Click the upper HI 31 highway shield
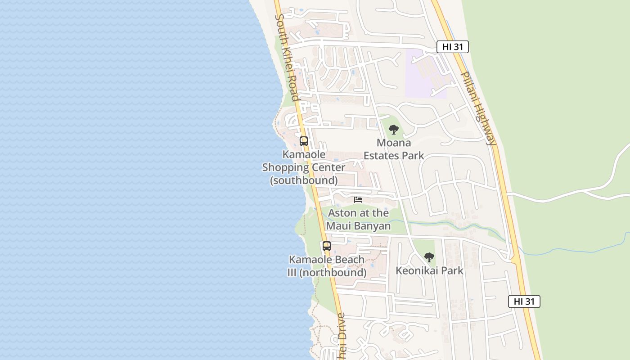point(452,46)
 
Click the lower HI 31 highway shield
point(524,301)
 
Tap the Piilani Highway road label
point(479,108)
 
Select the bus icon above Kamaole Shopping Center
point(304,141)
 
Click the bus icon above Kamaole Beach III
point(327,246)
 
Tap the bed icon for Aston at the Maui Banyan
point(358,199)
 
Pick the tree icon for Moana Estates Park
point(394,130)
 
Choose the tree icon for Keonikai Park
point(429,257)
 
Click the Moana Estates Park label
point(394,149)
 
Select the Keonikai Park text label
point(429,270)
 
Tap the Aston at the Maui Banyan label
point(358,219)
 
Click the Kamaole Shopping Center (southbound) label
point(304,167)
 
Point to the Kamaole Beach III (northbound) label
point(327,266)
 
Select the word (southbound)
point(304,180)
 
